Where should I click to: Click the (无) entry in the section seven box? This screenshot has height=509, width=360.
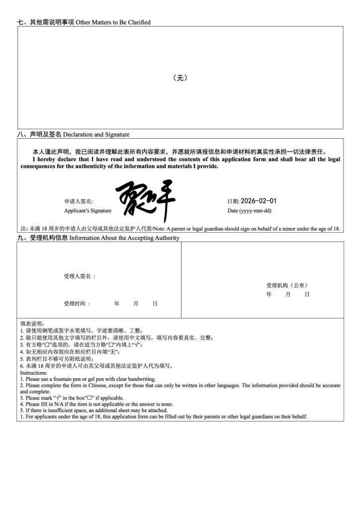[x=180, y=78]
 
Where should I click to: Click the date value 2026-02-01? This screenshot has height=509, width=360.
[x=259, y=201]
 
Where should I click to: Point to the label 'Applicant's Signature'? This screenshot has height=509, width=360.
[x=88, y=211]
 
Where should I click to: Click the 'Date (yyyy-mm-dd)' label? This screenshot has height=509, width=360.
[x=249, y=211]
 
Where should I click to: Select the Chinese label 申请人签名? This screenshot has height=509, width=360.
[x=79, y=201]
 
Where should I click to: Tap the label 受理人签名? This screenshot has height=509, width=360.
[x=80, y=276]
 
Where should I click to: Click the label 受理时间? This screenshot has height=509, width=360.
[x=77, y=303]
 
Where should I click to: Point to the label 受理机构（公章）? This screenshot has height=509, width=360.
[x=287, y=285]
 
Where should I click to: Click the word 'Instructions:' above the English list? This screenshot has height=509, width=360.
[x=34, y=373]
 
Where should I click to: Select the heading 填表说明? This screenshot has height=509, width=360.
[x=32, y=323]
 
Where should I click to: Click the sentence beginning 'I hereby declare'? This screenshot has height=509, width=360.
[x=180, y=163]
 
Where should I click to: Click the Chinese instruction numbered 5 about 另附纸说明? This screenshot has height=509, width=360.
[x=50, y=359]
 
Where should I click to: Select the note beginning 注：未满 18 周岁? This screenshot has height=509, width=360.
[x=180, y=229]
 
